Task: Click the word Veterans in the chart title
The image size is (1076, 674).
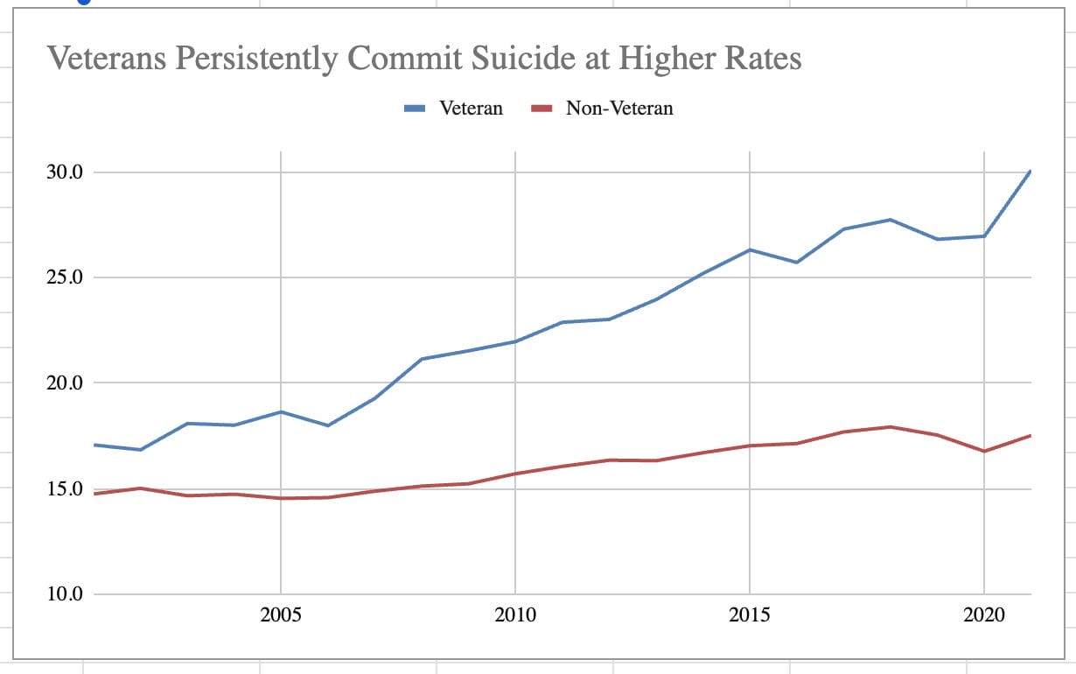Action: [103, 60]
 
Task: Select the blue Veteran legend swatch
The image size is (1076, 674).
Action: [415, 109]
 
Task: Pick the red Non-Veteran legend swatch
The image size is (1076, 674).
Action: [542, 109]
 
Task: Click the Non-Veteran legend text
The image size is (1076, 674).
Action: [619, 109]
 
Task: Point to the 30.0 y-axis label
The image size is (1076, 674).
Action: [64, 172]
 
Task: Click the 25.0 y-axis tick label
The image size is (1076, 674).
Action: [64, 277]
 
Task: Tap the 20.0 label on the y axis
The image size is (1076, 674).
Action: [64, 383]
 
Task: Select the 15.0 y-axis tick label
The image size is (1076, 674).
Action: [64, 488]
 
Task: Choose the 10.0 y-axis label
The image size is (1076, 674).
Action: [64, 594]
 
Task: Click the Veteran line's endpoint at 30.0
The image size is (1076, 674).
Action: [1030, 172]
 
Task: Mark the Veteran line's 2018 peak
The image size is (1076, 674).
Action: [891, 220]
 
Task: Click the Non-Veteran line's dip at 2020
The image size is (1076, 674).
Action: [984, 451]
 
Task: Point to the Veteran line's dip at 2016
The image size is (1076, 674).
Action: [797, 262]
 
